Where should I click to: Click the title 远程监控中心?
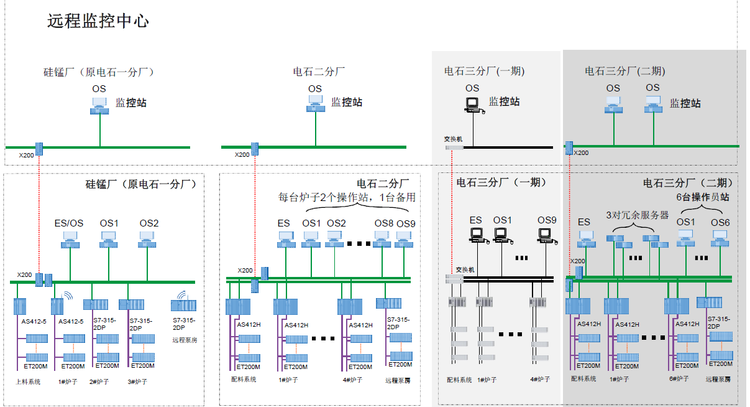point(98,21)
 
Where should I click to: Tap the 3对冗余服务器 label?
point(637,215)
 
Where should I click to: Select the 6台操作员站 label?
point(702,197)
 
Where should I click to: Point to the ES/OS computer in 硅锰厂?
point(69,238)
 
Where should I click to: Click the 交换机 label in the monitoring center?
point(453,139)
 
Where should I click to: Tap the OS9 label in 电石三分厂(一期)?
point(547,220)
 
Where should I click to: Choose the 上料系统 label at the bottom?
point(29,381)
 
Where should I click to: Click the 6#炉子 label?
point(680,378)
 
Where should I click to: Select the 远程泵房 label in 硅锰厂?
point(185,340)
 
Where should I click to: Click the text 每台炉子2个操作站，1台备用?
point(347,198)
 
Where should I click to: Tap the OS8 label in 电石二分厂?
point(383,223)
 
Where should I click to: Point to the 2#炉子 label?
point(99,381)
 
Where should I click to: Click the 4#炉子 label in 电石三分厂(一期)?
point(539,379)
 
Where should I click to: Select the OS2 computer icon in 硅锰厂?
point(148,238)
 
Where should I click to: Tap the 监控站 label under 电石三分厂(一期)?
point(504,101)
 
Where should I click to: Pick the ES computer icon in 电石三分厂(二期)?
point(584,236)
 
